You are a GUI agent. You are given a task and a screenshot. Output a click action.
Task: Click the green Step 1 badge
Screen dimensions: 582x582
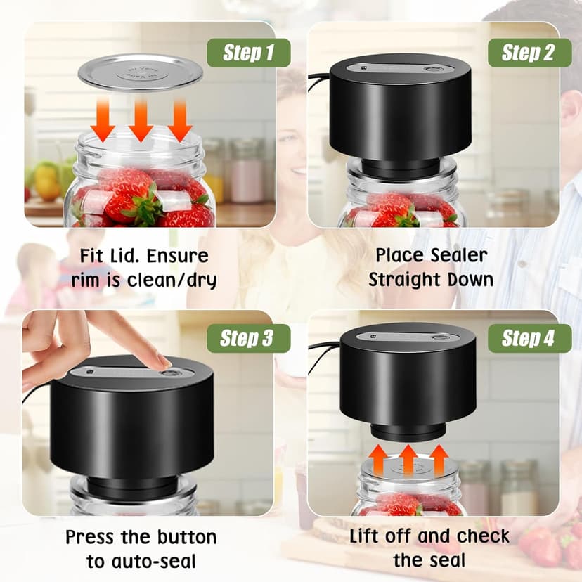(248, 53)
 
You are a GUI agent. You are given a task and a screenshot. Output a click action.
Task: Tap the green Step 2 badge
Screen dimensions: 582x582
(527, 53)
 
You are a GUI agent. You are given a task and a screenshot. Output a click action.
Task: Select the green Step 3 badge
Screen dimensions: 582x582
(248, 338)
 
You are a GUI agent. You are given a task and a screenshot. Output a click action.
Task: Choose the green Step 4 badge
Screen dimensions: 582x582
(527, 338)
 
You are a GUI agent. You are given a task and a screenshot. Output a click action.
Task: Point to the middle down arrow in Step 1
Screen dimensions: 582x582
(141, 118)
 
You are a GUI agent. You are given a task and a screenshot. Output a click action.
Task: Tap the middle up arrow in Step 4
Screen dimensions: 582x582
(408, 459)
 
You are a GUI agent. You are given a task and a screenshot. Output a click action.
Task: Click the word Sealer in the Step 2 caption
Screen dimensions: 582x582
(457, 254)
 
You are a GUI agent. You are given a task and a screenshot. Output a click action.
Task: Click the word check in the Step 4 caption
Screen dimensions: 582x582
(482, 536)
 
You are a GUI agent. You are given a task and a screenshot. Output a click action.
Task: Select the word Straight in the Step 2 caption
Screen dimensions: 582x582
(408, 279)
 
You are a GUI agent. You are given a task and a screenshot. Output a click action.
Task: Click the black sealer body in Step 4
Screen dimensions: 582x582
(398, 383)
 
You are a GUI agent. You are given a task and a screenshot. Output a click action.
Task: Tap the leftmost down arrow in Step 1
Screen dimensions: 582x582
(105, 118)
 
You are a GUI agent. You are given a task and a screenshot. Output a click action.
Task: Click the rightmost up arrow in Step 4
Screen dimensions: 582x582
(439, 459)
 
